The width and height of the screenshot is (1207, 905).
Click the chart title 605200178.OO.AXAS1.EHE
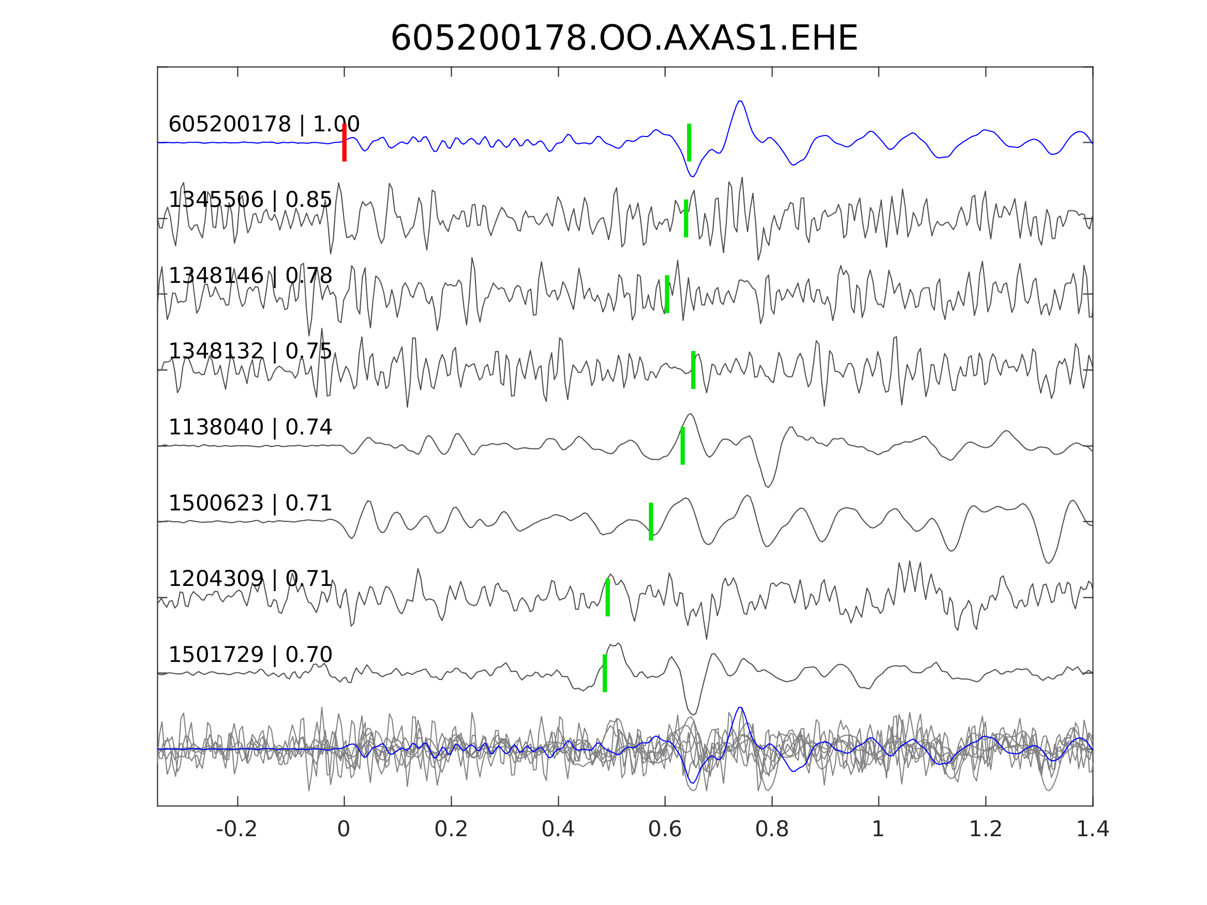(x=624, y=39)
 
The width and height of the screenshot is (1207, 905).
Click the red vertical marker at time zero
(x=345, y=142)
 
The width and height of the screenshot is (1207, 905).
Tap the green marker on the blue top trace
(x=689, y=142)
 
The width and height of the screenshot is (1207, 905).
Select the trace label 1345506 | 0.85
(x=250, y=200)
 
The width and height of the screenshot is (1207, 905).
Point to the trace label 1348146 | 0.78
(x=250, y=276)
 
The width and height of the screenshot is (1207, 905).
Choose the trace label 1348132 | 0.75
(x=250, y=352)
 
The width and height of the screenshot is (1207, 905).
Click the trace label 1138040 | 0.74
(x=250, y=428)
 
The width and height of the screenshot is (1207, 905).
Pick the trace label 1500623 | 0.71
(x=250, y=504)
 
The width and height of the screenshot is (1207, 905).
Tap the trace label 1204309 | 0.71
(x=250, y=579)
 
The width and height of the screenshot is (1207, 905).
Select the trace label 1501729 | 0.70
(x=250, y=655)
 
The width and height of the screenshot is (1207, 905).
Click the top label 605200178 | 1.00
(x=263, y=125)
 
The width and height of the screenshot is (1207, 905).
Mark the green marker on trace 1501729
(x=605, y=673)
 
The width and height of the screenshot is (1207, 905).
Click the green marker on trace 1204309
(x=607, y=597)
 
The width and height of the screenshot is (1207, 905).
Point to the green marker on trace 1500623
(x=651, y=521)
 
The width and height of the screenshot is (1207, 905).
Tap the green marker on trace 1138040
(x=682, y=446)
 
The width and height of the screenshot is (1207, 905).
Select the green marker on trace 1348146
(x=667, y=294)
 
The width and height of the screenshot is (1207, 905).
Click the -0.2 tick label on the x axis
(x=236, y=829)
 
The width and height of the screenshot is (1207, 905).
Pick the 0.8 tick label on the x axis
(x=771, y=829)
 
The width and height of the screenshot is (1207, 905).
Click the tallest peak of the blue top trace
(x=740, y=101)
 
